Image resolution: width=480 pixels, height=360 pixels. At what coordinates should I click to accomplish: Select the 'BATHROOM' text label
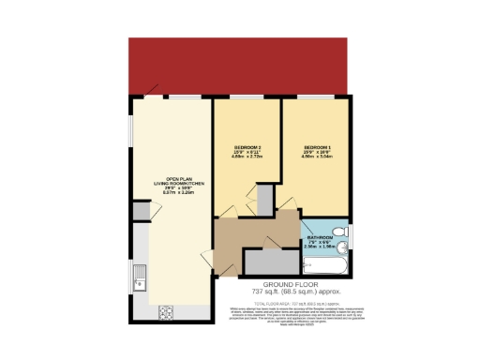click(321, 239)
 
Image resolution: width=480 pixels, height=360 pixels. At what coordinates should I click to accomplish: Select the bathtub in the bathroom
click(327, 265)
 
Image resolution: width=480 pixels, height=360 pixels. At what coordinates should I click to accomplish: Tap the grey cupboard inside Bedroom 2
click(265, 199)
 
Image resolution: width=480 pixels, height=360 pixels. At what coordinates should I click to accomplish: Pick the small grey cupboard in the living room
click(140, 211)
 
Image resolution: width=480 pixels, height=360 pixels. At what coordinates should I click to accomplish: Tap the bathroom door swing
click(308, 228)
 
